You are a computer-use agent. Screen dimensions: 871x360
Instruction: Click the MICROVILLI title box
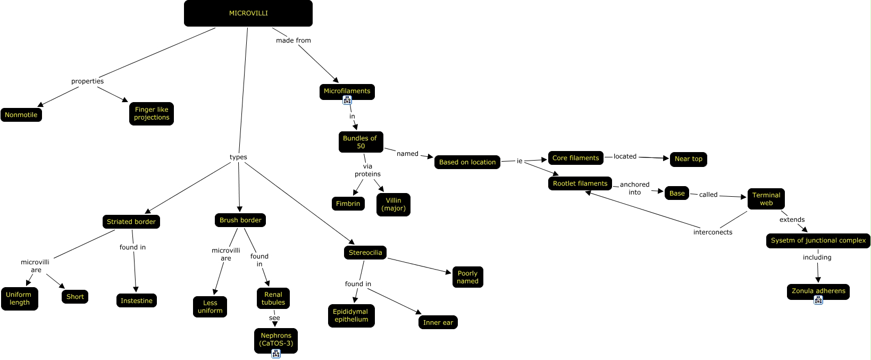[x=248, y=13]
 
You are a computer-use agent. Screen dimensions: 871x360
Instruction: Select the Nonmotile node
[x=21, y=115]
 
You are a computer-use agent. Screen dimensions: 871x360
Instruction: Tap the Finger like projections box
[x=151, y=113]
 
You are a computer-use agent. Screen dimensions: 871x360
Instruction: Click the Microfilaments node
[x=347, y=91]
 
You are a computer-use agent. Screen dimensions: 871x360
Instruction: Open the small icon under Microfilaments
[x=347, y=101]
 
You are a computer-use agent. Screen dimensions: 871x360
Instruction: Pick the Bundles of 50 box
[x=361, y=142]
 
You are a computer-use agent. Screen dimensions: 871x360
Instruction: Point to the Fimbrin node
[x=348, y=203]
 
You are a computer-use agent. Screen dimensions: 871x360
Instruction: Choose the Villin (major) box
[x=393, y=205]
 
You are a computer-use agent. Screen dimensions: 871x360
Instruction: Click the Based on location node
[x=467, y=162]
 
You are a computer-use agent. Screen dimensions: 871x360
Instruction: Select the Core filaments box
[x=575, y=158]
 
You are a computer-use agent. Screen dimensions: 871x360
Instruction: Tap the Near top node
[x=688, y=159]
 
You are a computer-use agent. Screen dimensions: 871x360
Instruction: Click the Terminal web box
[x=766, y=199]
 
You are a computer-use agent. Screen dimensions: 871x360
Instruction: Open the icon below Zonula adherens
[x=818, y=300]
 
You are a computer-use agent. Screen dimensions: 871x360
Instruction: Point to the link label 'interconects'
[x=713, y=232]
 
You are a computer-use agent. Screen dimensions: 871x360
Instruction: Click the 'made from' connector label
[x=293, y=40]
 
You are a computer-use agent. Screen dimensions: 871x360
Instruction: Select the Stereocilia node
[x=365, y=253]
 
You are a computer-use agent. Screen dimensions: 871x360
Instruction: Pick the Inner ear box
[x=438, y=322]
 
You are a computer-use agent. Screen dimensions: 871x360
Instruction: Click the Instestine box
[x=137, y=300]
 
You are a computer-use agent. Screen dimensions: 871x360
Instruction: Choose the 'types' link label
[x=238, y=157]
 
